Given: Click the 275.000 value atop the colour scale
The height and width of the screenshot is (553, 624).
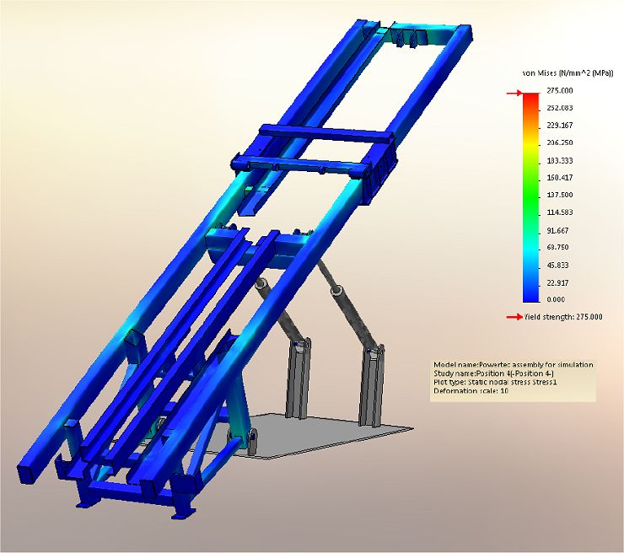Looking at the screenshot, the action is [x=560, y=91].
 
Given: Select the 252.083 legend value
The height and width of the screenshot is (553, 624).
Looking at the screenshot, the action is [x=560, y=108].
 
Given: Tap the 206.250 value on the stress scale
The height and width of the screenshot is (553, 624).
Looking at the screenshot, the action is [x=560, y=142].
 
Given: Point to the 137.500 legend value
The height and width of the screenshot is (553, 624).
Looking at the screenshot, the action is [x=560, y=195].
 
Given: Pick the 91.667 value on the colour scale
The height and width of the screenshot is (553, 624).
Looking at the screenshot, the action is [x=557, y=231].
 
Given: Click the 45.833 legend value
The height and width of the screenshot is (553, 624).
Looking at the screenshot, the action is [x=557, y=266].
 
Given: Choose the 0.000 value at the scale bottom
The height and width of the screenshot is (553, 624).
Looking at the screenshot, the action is [x=556, y=299].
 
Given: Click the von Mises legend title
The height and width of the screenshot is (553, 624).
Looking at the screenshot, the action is [x=568, y=73].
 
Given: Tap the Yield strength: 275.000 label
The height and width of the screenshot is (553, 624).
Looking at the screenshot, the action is [x=563, y=317].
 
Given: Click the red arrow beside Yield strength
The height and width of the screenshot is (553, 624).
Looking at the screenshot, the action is [x=514, y=317].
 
